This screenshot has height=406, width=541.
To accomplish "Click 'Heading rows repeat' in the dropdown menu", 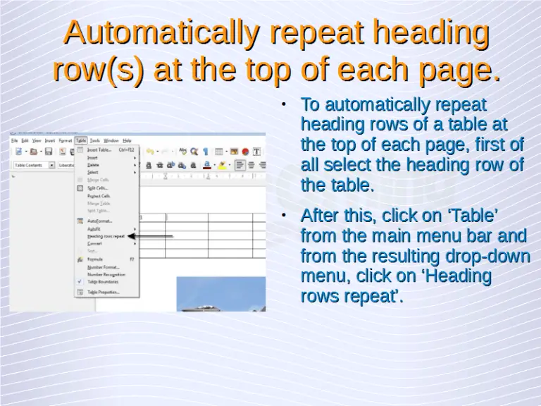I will tap(106, 236).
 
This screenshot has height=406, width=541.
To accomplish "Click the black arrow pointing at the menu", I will tap(151, 236).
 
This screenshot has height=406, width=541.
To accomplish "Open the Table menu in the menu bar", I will tap(81, 140).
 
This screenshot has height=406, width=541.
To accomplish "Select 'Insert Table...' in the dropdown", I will tap(99, 149).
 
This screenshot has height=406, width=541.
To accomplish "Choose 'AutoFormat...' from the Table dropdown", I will tap(99, 221).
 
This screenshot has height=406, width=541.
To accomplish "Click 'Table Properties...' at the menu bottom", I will tap(104, 292).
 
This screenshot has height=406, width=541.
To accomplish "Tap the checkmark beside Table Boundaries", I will tap(80, 281).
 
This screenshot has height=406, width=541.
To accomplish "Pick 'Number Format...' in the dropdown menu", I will tap(103, 267).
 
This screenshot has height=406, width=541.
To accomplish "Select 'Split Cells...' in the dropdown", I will tap(97, 188).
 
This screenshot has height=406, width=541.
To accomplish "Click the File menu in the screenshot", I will tap(14, 140).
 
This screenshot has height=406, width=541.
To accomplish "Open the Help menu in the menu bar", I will tap(127, 140).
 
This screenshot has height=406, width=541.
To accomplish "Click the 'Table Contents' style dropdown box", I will tap(32, 165).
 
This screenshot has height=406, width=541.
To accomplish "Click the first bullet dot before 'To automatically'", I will tap(282, 105).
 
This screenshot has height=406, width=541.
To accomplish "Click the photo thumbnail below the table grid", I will tap(220, 294).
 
